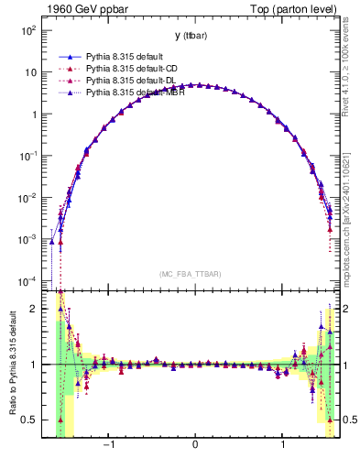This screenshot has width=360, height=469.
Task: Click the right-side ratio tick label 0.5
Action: coord(347,420)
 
